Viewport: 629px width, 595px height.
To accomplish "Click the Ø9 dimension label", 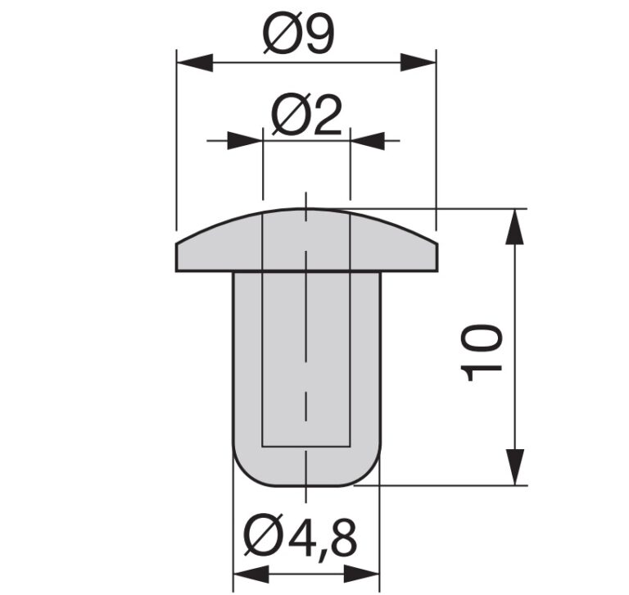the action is click(x=298, y=36).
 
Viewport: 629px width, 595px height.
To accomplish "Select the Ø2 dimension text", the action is click(x=306, y=116).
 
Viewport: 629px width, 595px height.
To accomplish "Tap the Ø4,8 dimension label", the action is click(x=300, y=536).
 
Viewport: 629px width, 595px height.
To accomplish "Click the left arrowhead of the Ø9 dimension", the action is click(x=195, y=63).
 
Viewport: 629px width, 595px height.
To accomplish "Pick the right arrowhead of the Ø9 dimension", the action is click(x=418, y=63).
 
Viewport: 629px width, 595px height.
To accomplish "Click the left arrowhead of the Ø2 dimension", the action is click(x=245, y=141).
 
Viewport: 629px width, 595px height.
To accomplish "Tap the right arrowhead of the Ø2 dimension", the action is click(x=368, y=141).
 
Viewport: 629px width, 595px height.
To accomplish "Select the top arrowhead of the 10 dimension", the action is click(x=514, y=227).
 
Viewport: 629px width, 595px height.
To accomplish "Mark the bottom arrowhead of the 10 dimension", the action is click(x=514, y=467).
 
